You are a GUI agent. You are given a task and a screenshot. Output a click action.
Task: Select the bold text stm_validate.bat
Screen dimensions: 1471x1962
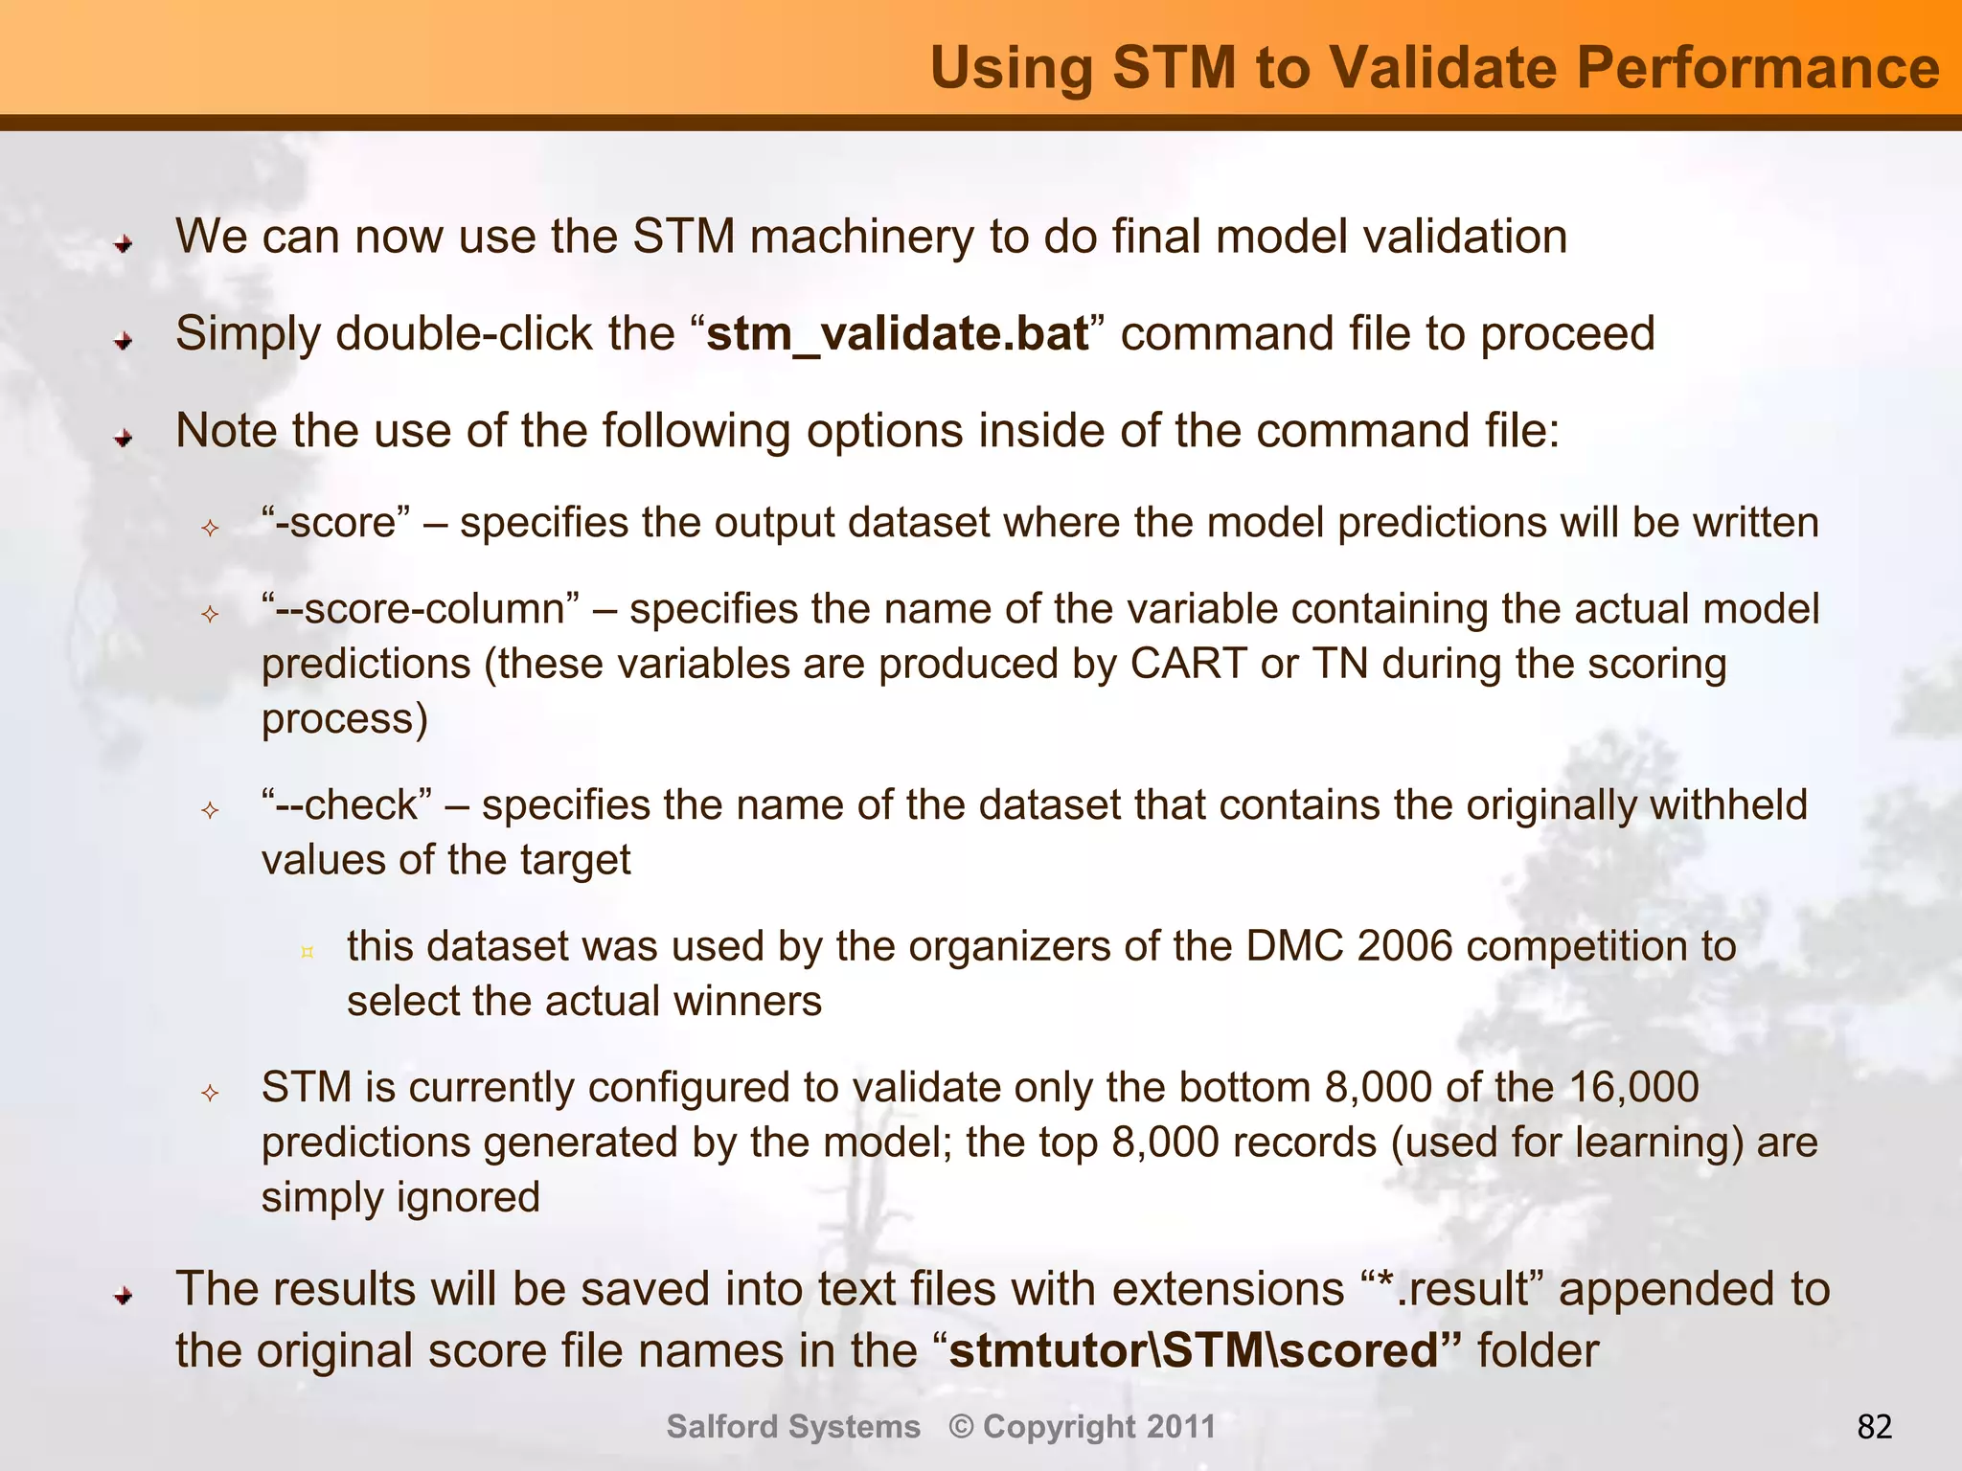898,334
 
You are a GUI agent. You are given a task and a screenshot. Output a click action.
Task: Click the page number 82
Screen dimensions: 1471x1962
1875,1427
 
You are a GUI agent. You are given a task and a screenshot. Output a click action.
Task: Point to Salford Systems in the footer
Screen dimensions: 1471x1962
793,1427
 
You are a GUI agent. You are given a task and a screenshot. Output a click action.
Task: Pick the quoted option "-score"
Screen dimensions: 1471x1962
336,523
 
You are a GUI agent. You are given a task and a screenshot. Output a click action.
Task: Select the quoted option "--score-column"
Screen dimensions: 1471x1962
421,609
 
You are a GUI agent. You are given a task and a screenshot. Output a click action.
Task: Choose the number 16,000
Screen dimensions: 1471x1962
1633,1088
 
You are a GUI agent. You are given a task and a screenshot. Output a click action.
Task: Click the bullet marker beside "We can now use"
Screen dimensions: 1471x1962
123,244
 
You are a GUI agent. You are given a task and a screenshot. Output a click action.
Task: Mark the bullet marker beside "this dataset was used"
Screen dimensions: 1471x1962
308,952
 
